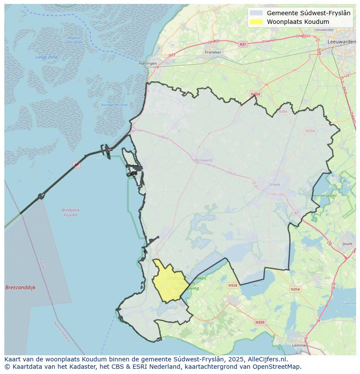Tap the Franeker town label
pos(213,52)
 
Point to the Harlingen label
pos(147,63)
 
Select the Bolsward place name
pos(204,160)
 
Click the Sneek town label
pos(275,184)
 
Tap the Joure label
pos(347,244)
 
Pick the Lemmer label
pos(300,345)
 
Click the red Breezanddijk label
pos(20,288)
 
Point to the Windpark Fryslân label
pos(70,212)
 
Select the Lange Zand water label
pos(47,57)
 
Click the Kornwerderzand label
pos(114,105)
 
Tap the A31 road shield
pos(243,44)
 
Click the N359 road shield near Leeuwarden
pos(255,94)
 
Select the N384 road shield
pos(283,112)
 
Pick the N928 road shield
pos(233,285)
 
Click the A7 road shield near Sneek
pos(296,213)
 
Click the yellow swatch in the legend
pos(257,22)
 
